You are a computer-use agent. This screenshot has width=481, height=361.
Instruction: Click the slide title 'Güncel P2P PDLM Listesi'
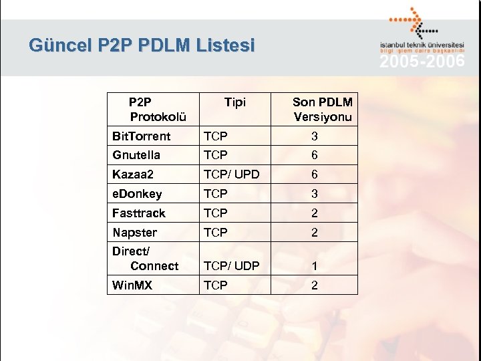tap(142, 45)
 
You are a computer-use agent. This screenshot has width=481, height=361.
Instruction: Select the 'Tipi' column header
tap(235, 102)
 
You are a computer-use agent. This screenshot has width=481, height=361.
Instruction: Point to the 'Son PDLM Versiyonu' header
tap(323, 110)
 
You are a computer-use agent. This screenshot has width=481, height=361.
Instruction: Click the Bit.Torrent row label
tap(142, 136)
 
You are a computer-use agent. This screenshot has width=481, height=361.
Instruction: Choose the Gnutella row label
tap(136, 155)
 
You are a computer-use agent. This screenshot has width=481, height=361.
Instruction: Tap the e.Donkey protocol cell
tap(137, 194)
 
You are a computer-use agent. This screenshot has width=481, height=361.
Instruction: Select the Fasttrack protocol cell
tap(139, 213)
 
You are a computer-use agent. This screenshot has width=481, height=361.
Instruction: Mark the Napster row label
tap(135, 233)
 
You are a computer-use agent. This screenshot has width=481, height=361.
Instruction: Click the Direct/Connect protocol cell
tap(145, 259)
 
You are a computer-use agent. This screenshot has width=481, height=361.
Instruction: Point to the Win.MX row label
tap(132, 285)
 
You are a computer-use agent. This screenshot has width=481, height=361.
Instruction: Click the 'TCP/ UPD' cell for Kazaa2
tap(231, 174)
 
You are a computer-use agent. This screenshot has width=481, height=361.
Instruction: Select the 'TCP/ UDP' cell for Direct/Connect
tap(231, 266)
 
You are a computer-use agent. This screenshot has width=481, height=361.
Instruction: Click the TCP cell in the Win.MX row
tap(216, 285)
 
